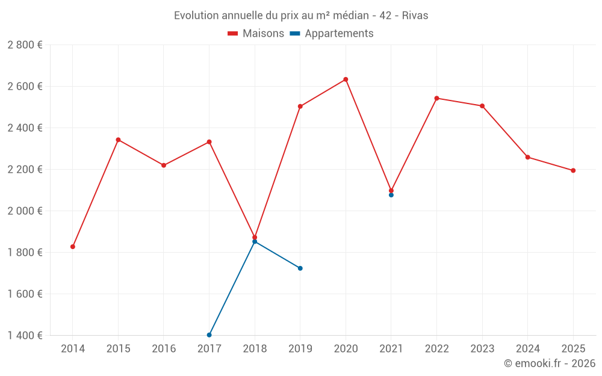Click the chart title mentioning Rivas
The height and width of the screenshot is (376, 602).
point(301,16)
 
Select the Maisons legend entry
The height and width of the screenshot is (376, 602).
point(256,34)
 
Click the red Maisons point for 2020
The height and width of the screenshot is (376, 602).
point(346,79)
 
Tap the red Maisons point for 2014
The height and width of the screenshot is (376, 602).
point(73,247)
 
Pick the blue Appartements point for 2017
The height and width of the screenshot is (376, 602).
point(209,335)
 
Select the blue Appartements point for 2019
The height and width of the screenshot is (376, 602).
point(300,268)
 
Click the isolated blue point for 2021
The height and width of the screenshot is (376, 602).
point(391,195)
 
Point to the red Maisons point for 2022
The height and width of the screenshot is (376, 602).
point(436,98)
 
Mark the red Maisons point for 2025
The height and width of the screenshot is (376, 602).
point(573,170)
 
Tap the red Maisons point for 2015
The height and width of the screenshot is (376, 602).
point(118,140)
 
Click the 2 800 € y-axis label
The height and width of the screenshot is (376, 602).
point(25,45)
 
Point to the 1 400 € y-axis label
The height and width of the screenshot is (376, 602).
point(25,336)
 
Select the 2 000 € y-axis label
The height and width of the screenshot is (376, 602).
point(25,211)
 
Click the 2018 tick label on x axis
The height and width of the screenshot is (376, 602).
point(255,349)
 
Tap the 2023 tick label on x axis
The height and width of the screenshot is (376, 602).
point(482,349)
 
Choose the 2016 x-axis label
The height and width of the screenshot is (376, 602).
point(164,349)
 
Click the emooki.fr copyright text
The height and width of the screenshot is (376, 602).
point(549,364)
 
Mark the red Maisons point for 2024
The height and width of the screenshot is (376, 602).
point(528,157)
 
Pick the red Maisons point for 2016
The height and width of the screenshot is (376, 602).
point(164,165)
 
